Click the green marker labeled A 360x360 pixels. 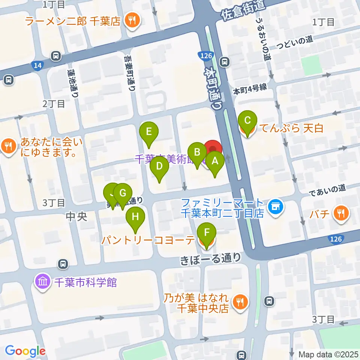coord(215,162)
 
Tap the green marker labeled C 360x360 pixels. coord(247,121)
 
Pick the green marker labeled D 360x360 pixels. coord(159,166)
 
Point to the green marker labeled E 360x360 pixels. coord(149,132)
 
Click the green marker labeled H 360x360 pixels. coord(135,217)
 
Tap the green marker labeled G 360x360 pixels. coord(123,194)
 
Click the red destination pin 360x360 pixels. coord(213,149)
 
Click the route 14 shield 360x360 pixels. coord(37,66)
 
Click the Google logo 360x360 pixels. coord(25,351)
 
